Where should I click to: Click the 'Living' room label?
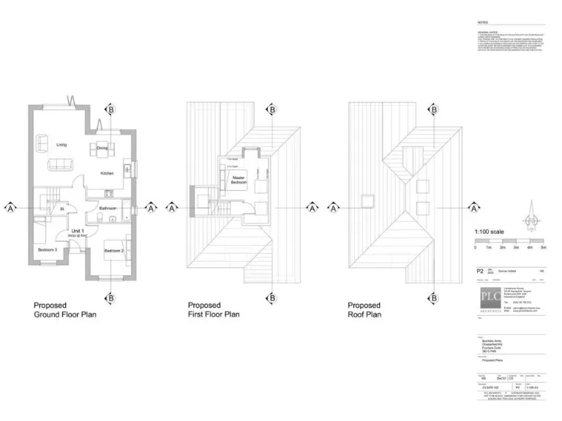pyautogui.click(x=61, y=145)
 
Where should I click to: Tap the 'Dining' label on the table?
pyautogui.click(x=102, y=148)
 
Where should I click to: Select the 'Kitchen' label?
pyautogui.click(x=107, y=173)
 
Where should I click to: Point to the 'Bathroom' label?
pyautogui.click(x=108, y=208)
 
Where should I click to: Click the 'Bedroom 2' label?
pyautogui.click(x=113, y=251)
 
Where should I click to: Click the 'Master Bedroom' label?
pyautogui.click(x=238, y=179)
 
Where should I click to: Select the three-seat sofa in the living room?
pyautogui.click(x=61, y=164)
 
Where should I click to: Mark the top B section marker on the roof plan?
pyautogui.click(x=433, y=110)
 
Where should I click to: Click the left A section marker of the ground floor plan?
pyautogui.click(x=10, y=208)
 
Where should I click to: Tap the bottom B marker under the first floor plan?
pyautogui.click(x=271, y=297)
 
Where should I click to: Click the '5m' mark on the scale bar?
pyautogui.click(x=543, y=248)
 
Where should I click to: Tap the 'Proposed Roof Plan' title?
pyautogui.click(x=364, y=310)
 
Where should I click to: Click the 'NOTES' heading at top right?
pyautogui.click(x=483, y=23)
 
